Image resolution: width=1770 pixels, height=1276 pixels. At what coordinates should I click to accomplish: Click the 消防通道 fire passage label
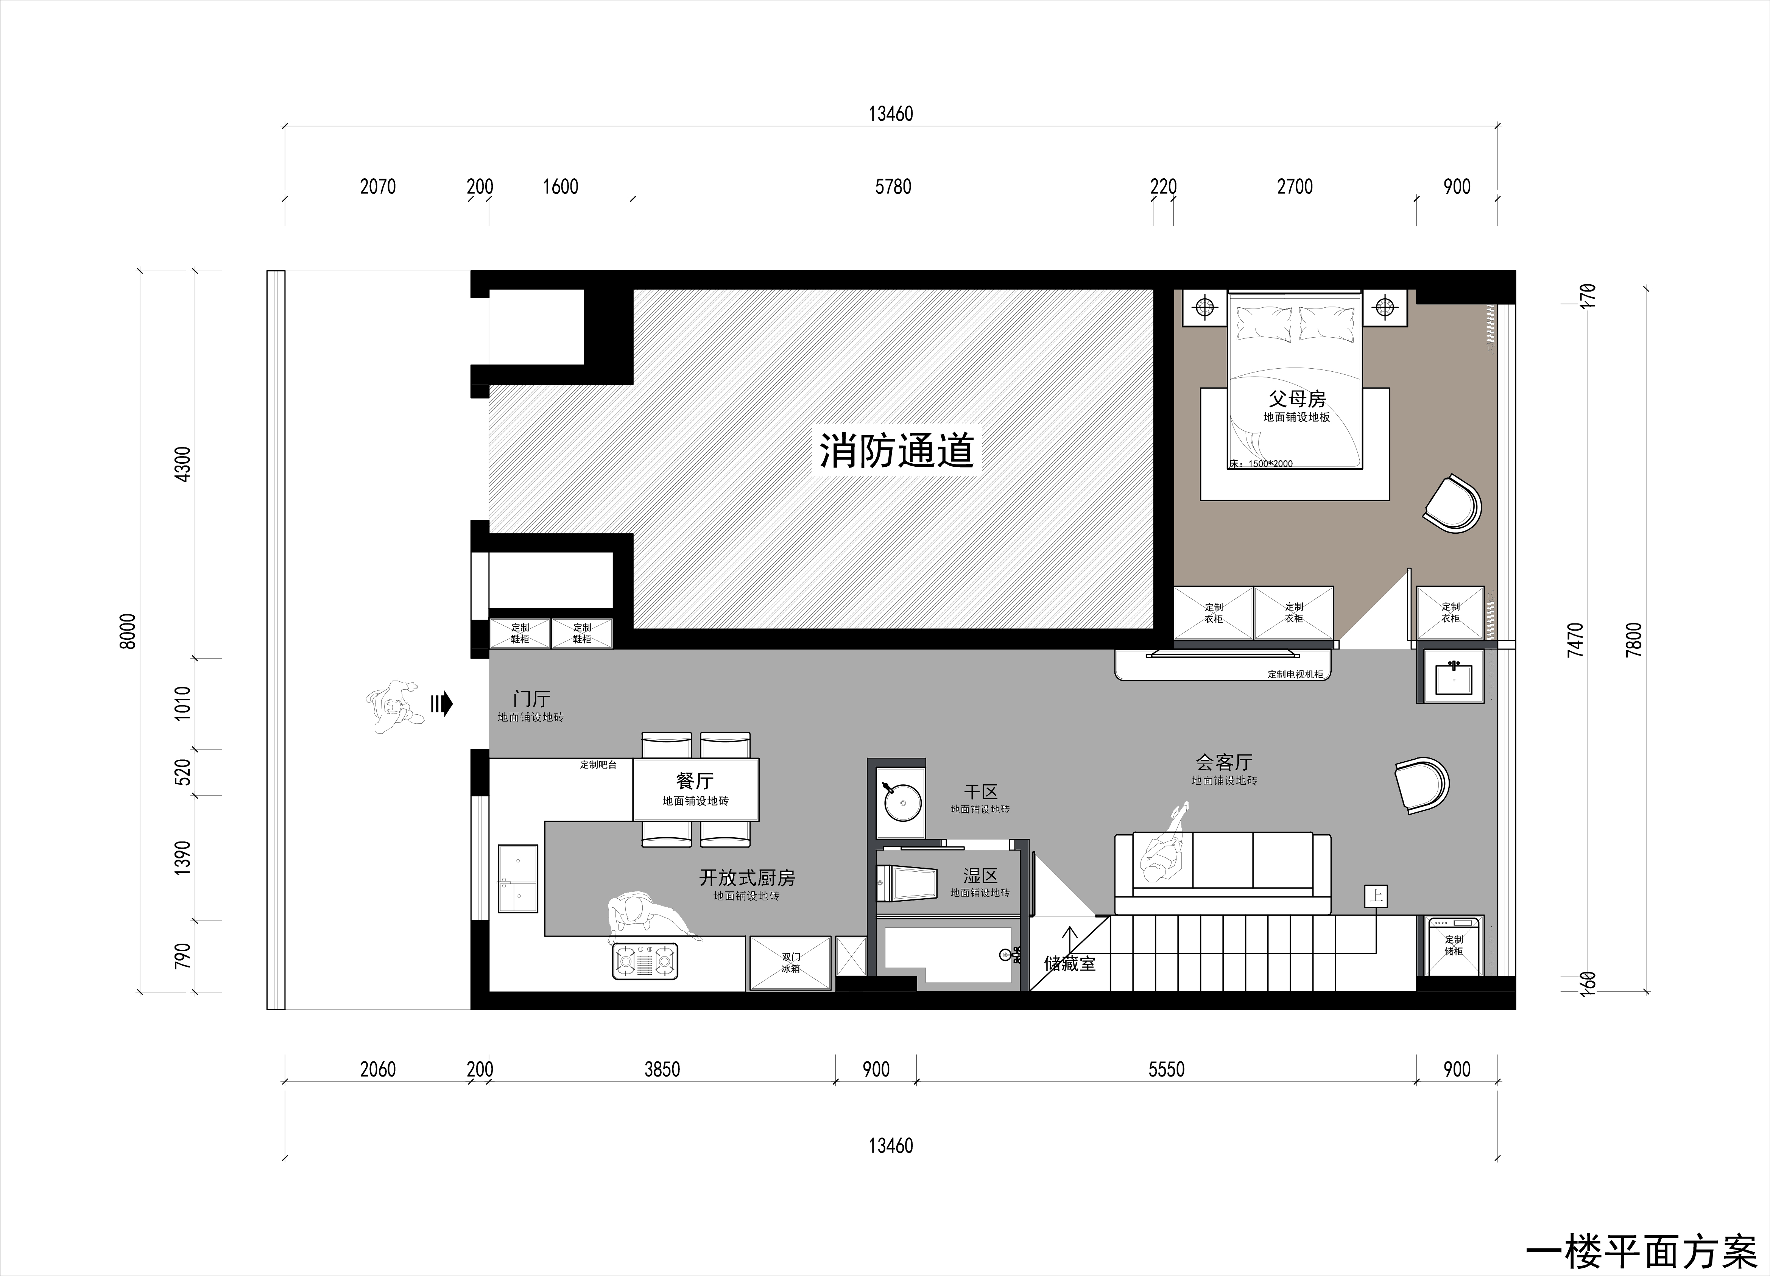pos(896,451)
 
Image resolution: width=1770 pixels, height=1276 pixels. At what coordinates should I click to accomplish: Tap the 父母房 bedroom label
pos(1296,399)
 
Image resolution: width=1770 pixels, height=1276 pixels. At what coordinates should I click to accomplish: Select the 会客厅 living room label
pos(1224,762)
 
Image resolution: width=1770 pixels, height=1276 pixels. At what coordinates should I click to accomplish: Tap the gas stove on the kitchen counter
pos(645,961)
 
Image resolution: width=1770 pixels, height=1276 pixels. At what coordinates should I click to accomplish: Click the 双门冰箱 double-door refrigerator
pos(791,963)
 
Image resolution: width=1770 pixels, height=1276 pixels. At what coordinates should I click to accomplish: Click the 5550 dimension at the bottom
pos(1166,1069)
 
